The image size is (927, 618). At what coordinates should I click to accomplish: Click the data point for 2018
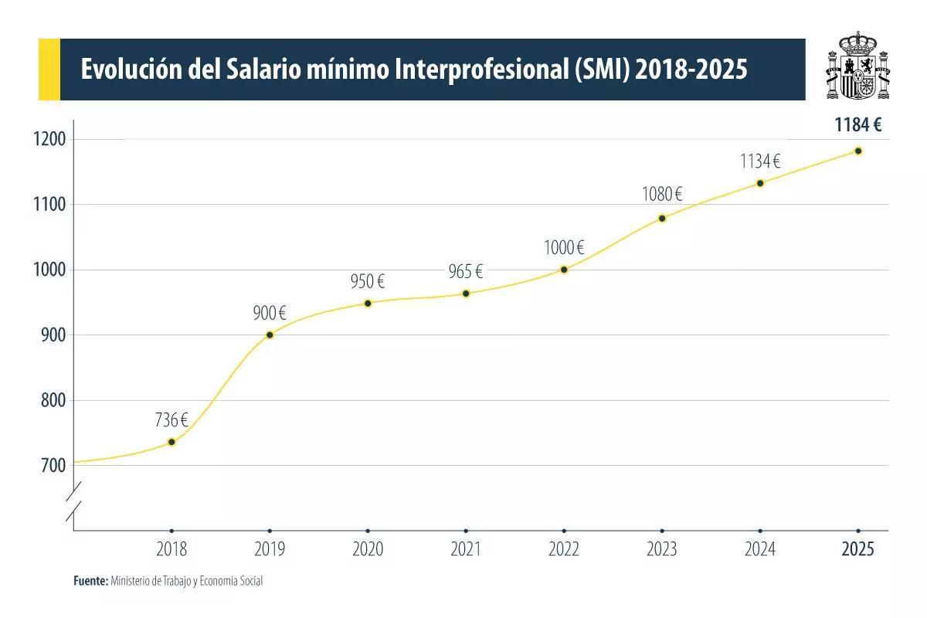171,442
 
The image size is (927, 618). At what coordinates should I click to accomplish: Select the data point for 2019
270,334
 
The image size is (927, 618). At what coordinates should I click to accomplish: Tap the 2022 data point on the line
564,270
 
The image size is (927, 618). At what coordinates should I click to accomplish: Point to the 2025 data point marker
858,151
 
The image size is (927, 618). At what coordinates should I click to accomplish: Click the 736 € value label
171,420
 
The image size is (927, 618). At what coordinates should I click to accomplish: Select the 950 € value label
368,282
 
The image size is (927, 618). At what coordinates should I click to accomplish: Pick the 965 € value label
466,272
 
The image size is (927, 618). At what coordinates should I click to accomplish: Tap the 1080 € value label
662,195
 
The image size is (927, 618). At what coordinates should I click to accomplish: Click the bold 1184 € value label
858,125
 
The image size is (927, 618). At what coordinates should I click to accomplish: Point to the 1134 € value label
760,161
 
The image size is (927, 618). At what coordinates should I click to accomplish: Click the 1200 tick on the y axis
49,140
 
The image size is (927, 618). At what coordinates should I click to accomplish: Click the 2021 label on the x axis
466,550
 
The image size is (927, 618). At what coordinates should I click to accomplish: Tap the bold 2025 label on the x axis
858,550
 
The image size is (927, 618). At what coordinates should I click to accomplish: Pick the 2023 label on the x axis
662,550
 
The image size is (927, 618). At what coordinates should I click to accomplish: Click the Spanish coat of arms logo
857,67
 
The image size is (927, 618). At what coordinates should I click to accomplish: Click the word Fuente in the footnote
90,581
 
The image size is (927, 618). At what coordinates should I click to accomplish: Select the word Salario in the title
263,70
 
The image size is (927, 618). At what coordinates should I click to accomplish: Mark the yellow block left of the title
49,70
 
